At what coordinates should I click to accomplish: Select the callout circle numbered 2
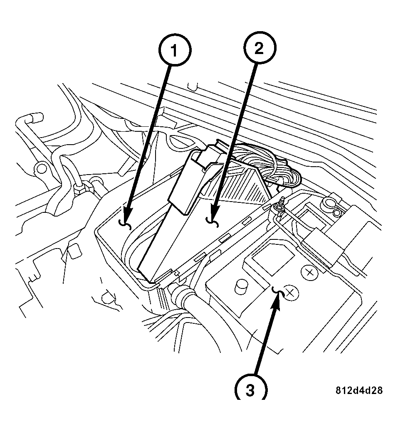click(258, 49)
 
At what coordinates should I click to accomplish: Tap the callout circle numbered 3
click(250, 390)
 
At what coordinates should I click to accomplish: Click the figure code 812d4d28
click(359, 391)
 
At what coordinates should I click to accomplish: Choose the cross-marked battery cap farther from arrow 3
click(309, 273)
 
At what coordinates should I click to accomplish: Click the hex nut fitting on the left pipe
click(80, 190)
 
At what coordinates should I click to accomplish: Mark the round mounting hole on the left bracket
click(41, 168)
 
